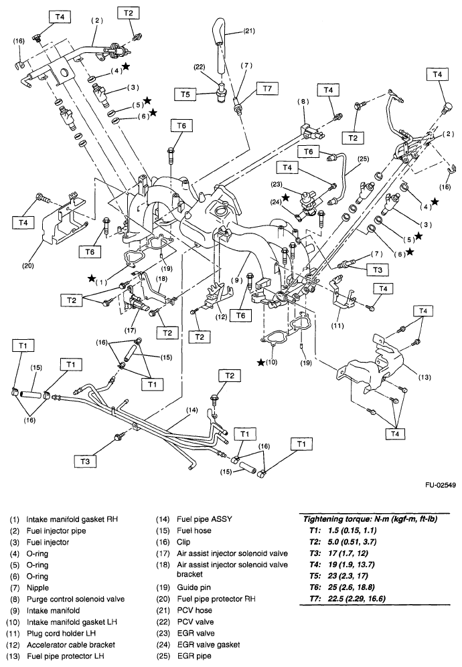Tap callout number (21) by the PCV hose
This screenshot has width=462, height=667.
(248, 31)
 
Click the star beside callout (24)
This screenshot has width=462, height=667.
(286, 197)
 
